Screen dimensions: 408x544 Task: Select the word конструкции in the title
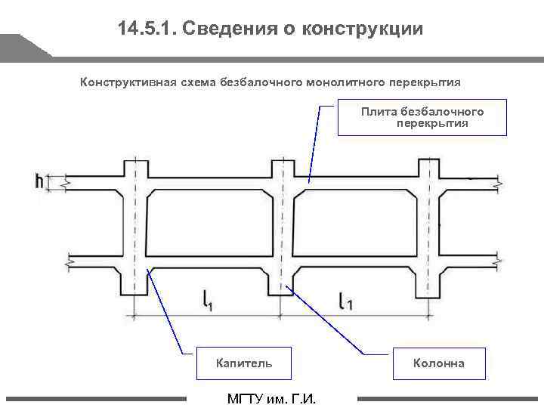(x=363, y=29)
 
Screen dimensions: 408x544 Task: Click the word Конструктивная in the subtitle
(x=128, y=82)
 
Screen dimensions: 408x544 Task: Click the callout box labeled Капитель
(x=244, y=364)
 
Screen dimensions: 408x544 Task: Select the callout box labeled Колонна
(x=438, y=364)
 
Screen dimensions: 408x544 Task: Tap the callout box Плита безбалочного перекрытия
(x=422, y=117)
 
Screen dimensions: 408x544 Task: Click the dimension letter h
(x=39, y=181)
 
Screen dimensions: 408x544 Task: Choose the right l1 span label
(x=345, y=301)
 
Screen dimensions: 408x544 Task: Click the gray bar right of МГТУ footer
(x=449, y=398)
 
